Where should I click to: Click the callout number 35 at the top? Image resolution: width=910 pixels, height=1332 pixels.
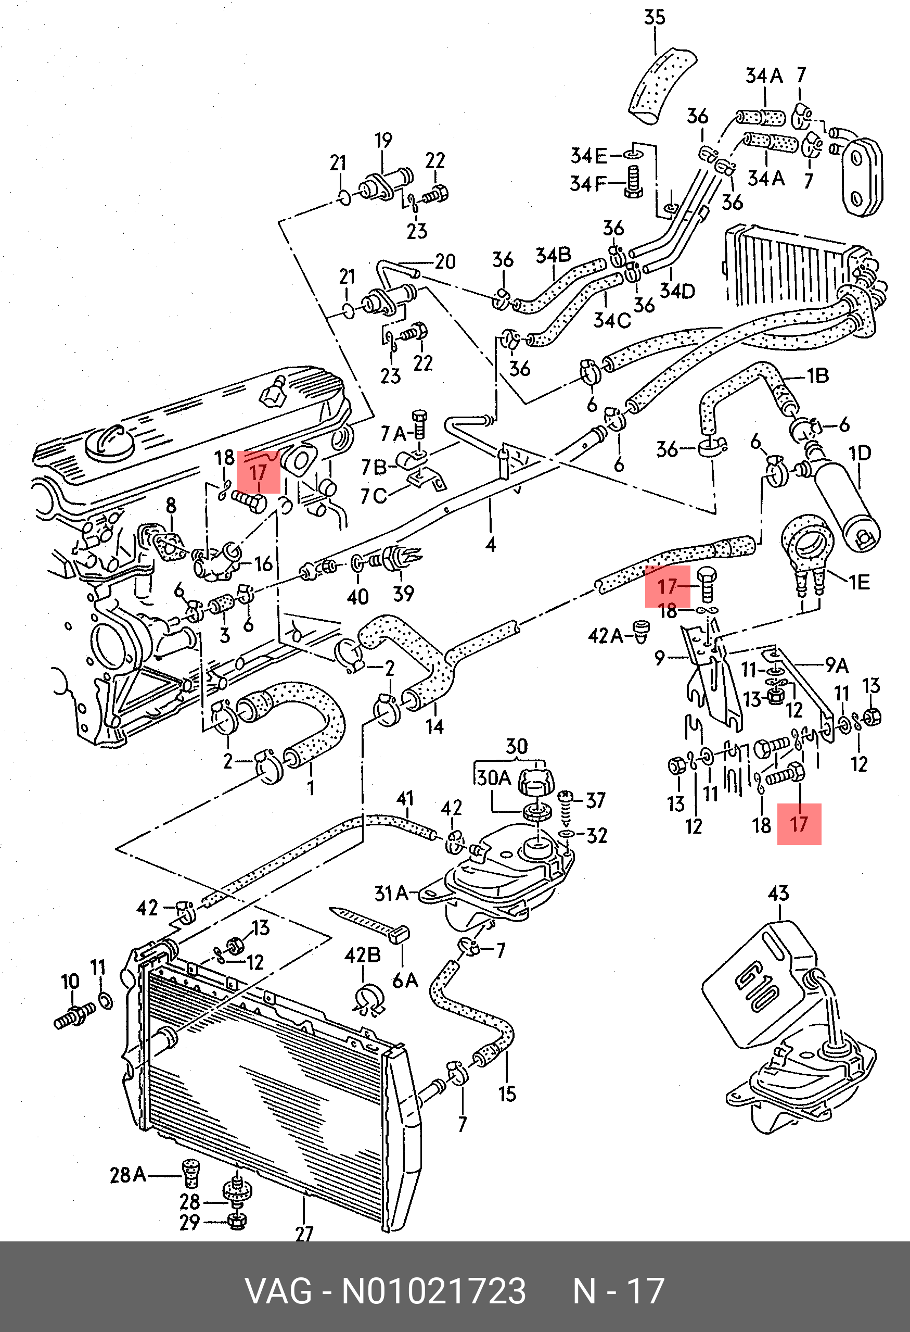click(654, 17)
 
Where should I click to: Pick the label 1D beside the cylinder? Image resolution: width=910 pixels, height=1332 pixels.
click(859, 454)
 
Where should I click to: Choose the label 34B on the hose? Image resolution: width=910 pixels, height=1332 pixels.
click(553, 255)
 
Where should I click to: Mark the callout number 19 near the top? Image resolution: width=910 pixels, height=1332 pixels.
click(383, 141)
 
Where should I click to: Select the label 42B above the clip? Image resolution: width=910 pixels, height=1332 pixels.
click(363, 956)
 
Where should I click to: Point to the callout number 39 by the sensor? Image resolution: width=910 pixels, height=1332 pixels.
click(403, 593)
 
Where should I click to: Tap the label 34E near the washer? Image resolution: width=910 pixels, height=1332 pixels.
click(588, 155)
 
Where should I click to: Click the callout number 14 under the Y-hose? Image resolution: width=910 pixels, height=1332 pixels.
click(434, 727)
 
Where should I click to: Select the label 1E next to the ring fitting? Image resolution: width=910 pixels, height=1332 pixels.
click(858, 582)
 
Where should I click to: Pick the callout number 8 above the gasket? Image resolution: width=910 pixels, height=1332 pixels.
click(171, 506)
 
